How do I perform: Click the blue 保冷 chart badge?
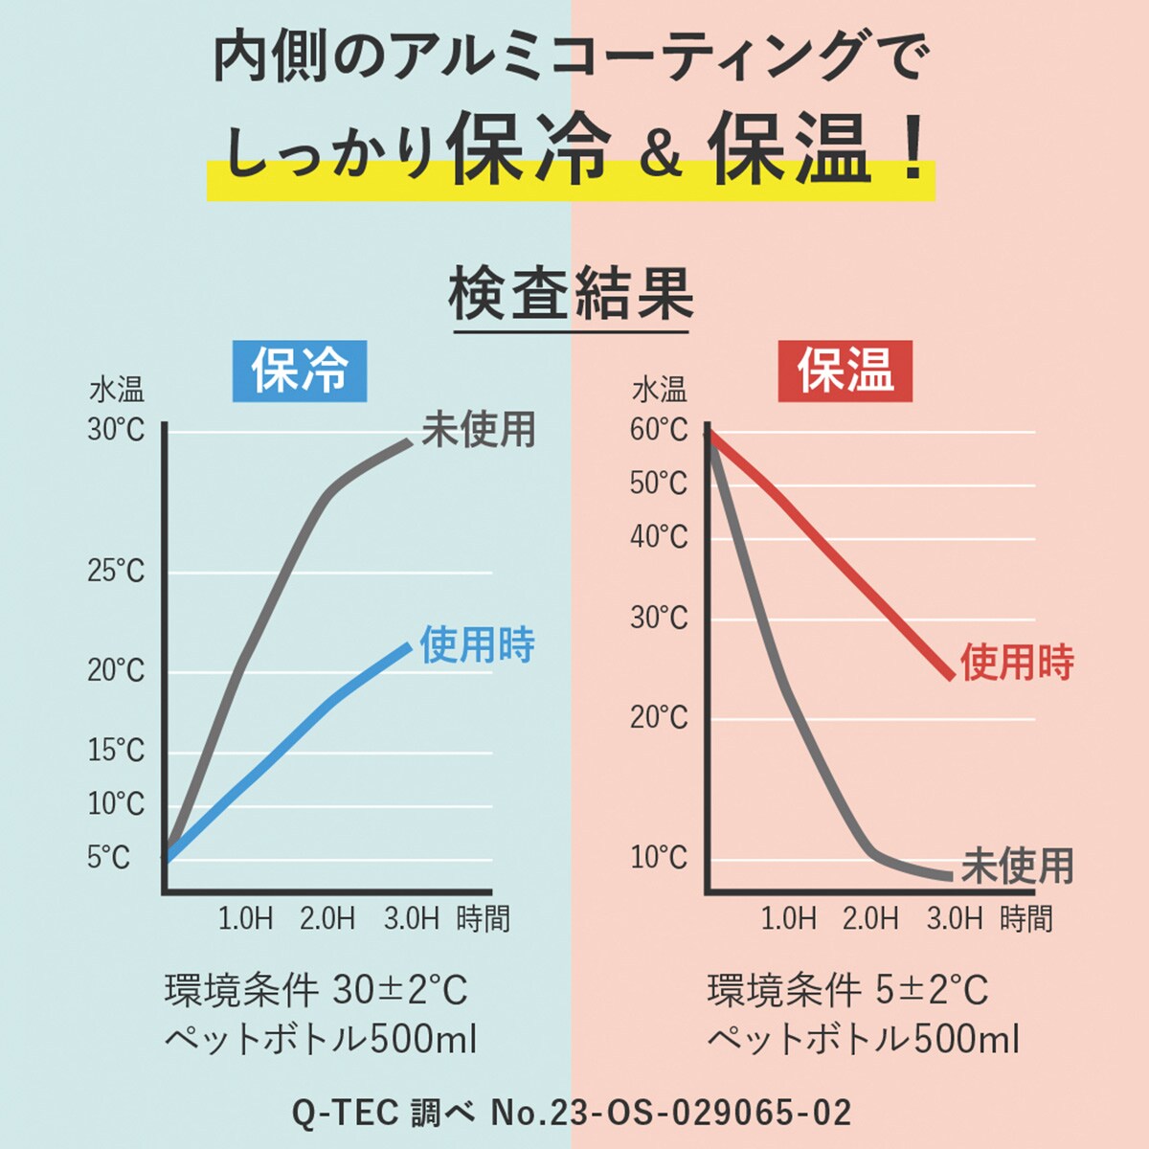pos(299,371)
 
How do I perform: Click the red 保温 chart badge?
pos(845,371)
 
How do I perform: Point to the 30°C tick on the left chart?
pos(116,430)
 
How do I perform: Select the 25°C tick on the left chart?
pos(116,572)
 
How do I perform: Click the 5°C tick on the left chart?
pos(108,856)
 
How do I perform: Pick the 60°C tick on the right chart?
pos(659,430)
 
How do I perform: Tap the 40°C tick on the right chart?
pos(659,536)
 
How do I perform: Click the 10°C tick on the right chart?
pos(659,857)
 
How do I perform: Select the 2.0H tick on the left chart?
pos(327,919)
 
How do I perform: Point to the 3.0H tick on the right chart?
pos(955,919)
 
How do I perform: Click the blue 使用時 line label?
pos(477,645)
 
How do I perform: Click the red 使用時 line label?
pos(1017,663)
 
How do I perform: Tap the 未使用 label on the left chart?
pos(479,430)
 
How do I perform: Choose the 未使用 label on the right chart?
pos(1017,867)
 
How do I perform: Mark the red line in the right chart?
pos(862,584)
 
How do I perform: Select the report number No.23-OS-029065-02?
pos(670,1113)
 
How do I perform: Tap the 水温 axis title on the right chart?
pos(659,391)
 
